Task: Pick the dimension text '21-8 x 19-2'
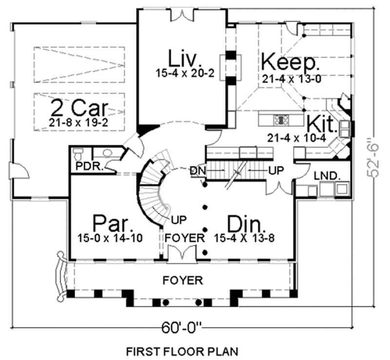click(78, 122)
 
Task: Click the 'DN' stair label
click(197, 171)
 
